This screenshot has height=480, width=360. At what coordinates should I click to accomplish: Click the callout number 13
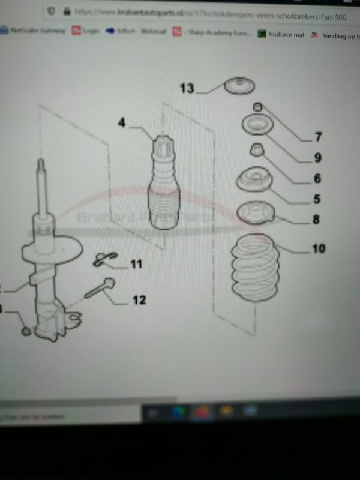pyautogui.click(x=187, y=88)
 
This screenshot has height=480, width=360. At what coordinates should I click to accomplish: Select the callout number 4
pyautogui.click(x=122, y=124)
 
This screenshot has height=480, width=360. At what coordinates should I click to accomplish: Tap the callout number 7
pyautogui.click(x=318, y=137)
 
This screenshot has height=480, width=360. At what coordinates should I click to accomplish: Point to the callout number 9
pyautogui.click(x=317, y=158)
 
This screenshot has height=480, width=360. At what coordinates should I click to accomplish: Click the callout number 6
pyautogui.click(x=317, y=178)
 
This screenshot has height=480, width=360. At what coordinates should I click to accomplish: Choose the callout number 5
pyautogui.click(x=316, y=199)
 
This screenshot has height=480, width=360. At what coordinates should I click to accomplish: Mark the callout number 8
pyautogui.click(x=316, y=220)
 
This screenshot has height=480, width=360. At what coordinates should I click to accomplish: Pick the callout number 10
pyautogui.click(x=318, y=247)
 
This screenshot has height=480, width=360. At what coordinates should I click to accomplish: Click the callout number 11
pyautogui.click(x=136, y=263)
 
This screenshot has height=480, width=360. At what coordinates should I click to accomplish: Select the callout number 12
pyautogui.click(x=139, y=299)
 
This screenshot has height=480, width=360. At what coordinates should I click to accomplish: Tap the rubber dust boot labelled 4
pyautogui.click(x=164, y=192)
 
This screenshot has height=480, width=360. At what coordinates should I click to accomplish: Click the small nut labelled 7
pyautogui.click(x=257, y=107)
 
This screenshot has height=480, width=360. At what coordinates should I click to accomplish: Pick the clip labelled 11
pyautogui.click(x=103, y=259)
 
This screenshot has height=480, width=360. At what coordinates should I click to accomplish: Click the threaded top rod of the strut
pyautogui.click(x=41, y=186)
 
